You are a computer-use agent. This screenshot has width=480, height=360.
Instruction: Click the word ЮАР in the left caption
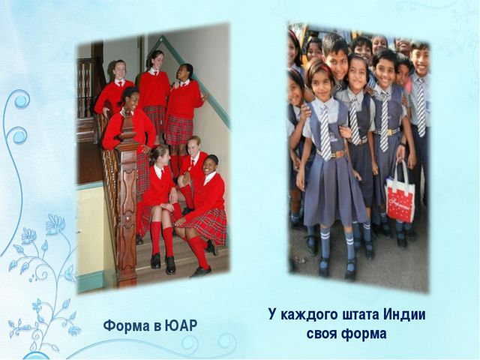coord(181,325)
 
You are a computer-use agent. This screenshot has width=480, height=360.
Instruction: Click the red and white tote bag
coord(400,195)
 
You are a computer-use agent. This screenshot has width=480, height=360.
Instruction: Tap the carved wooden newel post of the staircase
coord(127,201)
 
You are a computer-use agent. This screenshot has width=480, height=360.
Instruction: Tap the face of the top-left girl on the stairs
coord(120,70)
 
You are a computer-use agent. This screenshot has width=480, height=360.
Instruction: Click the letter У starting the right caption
coord(273,315)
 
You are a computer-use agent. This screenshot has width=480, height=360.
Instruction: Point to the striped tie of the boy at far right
coord(421,107)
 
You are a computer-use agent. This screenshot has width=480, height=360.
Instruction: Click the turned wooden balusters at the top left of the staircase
coord(85,86)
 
